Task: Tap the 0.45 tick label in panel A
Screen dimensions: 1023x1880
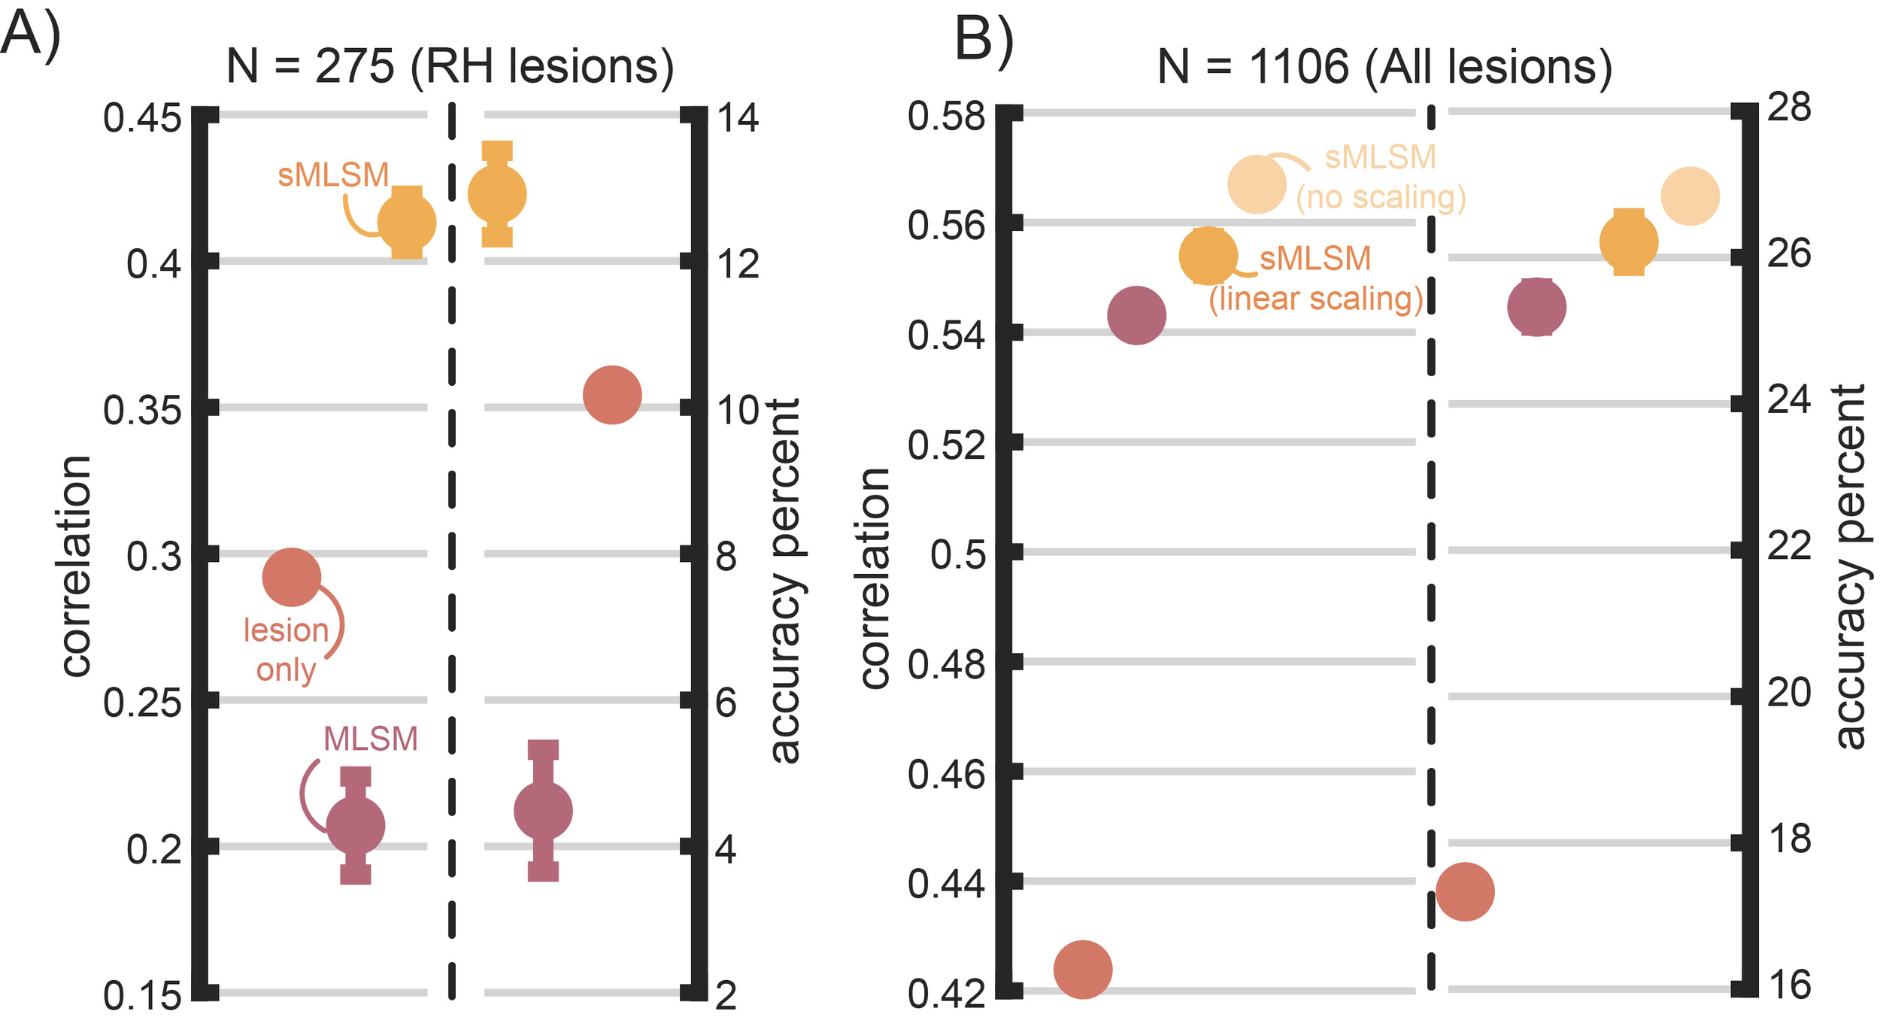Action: [142, 119]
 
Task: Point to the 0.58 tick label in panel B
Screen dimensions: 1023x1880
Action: [946, 117]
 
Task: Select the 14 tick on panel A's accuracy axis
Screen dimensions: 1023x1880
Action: [738, 118]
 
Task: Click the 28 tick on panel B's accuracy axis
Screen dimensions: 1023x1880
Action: [1789, 108]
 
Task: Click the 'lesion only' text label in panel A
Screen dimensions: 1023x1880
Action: [286, 650]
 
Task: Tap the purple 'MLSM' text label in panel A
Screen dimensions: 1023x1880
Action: [370, 739]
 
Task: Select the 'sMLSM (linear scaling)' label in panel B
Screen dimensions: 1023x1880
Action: [1316, 279]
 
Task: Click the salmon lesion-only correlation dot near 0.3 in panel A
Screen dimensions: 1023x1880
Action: [292, 577]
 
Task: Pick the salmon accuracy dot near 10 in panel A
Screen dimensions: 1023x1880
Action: [612, 395]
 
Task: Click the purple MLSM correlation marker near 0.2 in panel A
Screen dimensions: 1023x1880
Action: [356, 825]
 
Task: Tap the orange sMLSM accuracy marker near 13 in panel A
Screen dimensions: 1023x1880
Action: [497, 194]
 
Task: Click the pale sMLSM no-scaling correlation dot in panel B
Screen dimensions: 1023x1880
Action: [1257, 184]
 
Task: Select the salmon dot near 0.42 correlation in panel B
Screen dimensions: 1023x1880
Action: [1083, 970]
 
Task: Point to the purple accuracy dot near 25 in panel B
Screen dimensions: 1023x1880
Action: [1537, 307]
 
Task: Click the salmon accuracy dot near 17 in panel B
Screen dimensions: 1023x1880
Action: [1465, 891]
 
